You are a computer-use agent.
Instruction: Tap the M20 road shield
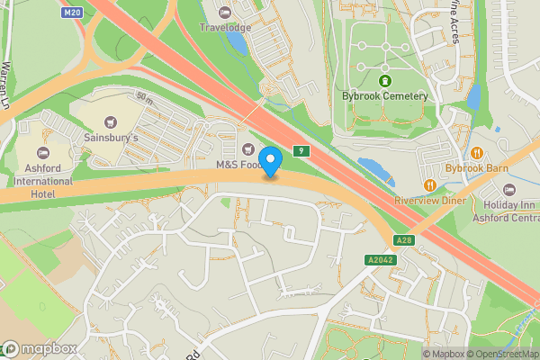[x=73, y=13]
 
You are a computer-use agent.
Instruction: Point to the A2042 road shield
[x=382, y=260]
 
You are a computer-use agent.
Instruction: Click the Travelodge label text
[x=225, y=28]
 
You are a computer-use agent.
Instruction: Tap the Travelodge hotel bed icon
[x=225, y=12]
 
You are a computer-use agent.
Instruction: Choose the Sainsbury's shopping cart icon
[x=111, y=121]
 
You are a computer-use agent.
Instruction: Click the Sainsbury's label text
[x=111, y=139]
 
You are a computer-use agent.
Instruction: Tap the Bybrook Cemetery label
[x=384, y=95]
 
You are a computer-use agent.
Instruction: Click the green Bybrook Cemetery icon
[x=384, y=80]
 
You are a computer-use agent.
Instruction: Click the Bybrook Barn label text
[x=477, y=168]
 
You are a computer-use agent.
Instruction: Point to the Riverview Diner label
[x=431, y=201]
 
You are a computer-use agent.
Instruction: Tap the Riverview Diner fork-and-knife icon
[x=431, y=184]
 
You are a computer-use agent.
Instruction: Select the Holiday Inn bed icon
[x=509, y=190]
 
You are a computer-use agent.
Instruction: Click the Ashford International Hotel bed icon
[x=42, y=152]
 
